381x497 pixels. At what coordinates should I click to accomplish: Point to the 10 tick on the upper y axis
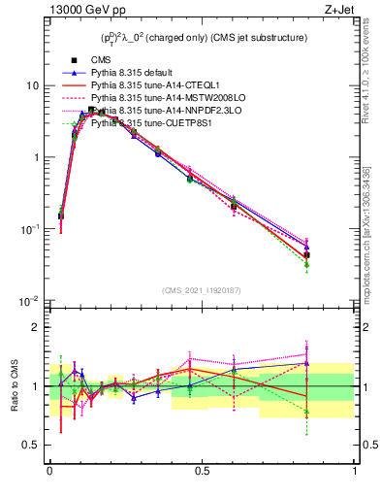click(x=31, y=85)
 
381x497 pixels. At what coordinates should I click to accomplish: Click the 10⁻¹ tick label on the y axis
click(x=29, y=229)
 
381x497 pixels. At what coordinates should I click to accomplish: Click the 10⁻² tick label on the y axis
click(x=29, y=301)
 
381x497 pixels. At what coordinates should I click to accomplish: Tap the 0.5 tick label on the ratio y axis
click(x=30, y=446)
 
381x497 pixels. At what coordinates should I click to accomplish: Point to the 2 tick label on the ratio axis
click(x=35, y=328)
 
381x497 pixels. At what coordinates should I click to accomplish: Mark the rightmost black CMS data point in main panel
click(x=306, y=255)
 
